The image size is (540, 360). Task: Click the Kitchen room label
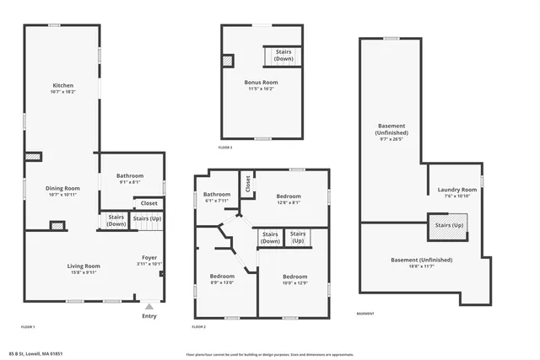63,89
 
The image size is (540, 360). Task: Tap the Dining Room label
63,191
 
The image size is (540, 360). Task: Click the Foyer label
149,260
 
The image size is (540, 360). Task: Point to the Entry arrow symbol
149,307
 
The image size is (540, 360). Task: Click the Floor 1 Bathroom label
129,178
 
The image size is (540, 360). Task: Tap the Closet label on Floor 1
148,203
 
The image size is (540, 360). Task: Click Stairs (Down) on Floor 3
283,56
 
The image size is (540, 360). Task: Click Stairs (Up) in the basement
449,226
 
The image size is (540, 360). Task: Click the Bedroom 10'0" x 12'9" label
294,280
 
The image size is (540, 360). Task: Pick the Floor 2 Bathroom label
217,197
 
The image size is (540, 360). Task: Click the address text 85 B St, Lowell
36,354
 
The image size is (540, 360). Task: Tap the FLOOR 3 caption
225,148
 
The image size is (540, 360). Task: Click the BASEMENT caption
365,314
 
